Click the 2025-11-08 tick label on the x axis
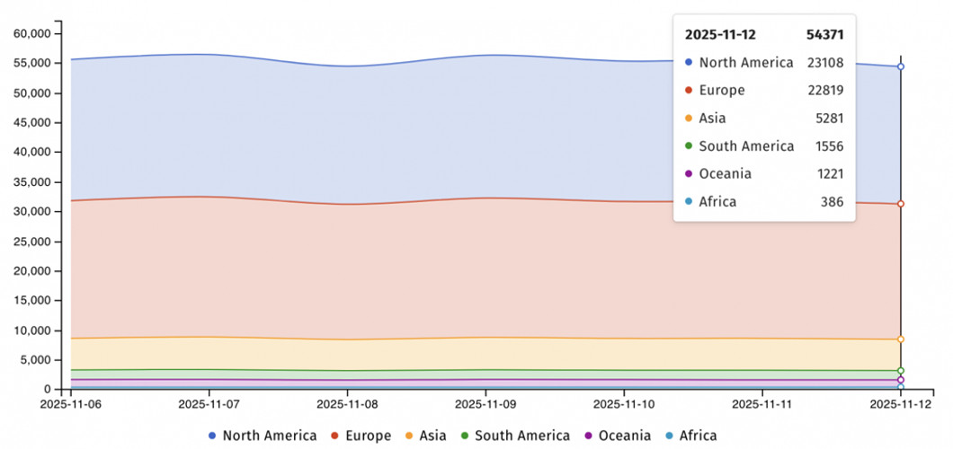tap(347, 405)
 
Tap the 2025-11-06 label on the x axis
tap(71, 405)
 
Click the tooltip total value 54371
tap(824, 35)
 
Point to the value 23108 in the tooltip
tap(824, 63)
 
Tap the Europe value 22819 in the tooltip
tap(824, 91)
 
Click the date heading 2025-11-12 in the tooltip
tap(720, 35)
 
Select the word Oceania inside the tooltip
tap(725, 174)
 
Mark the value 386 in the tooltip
tap(833, 202)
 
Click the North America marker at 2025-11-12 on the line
tap(900, 66)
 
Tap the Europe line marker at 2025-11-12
tap(900, 204)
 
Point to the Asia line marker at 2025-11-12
tap(900, 339)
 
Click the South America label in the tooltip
tap(746, 146)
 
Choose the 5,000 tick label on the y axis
tap(37, 360)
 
